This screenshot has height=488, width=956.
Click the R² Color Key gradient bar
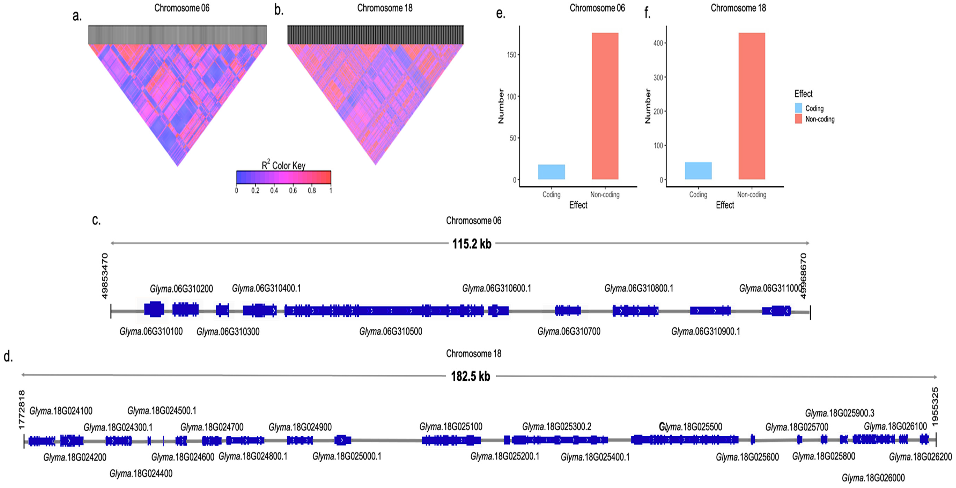(x=283, y=177)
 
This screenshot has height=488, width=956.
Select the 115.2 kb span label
(x=472, y=244)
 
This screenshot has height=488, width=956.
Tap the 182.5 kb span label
(x=471, y=377)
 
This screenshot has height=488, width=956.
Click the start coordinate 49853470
(x=105, y=276)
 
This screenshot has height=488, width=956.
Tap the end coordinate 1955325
(x=935, y=407)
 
